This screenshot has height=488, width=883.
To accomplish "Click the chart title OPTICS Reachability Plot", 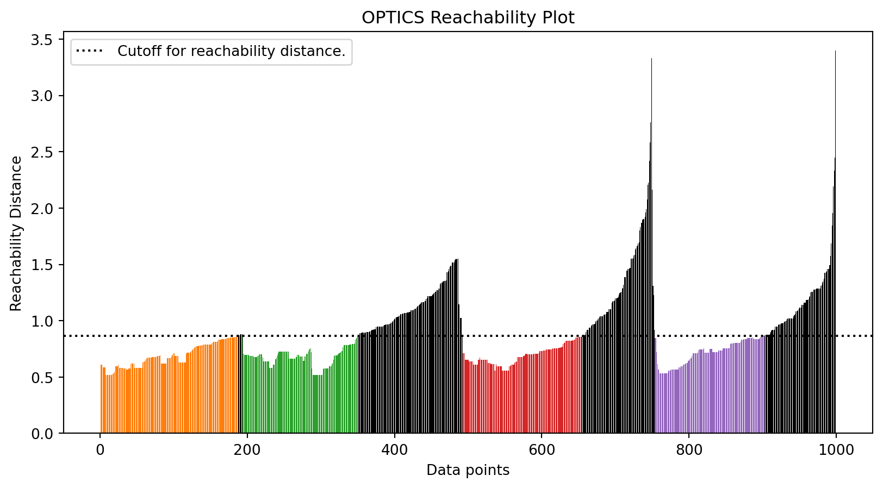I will [x=468, y=18].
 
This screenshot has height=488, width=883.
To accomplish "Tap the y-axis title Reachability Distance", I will [x=16, y=234].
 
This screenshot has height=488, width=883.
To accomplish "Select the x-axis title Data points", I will [x=468, y=470].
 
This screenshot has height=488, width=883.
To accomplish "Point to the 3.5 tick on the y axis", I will [x=45, y=40].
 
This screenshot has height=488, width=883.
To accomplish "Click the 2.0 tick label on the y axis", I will [x=45, y=209].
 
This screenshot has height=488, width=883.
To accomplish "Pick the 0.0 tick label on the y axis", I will [x=45, y=434].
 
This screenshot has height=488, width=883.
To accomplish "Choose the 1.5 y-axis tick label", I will [x=45, y=265].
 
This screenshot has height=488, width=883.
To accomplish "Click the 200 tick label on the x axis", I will [x=247, y=451].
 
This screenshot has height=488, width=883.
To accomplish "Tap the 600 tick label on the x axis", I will [x=542, y=451].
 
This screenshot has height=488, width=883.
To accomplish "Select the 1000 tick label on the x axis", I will [x=836, y=451].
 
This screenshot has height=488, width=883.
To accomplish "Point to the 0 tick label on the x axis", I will [x=100, y=451].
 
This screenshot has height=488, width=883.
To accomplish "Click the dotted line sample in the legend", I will [x=89, y=52].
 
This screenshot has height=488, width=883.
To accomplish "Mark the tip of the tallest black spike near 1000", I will [x=835, y=52].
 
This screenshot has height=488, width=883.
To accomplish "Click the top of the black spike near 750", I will [x=651, y=59].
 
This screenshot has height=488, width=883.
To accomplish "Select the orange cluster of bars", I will [x=169, y=397].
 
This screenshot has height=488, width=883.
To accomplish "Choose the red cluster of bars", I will [x=522, y=397].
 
